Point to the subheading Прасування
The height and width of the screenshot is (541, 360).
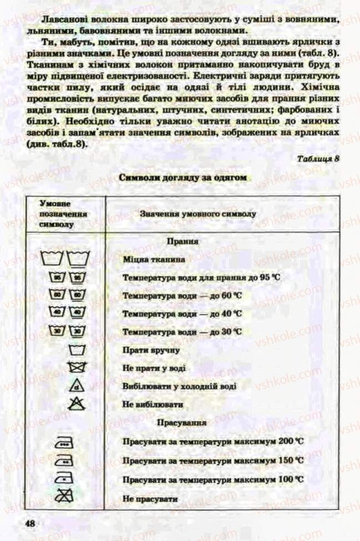click(x=182, y=422)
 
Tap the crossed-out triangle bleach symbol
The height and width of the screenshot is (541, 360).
click(x=77, y=403)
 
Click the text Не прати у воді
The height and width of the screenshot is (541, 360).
click(x=154, y=368)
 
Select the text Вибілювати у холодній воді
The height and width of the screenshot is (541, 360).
click(x=180, y=386)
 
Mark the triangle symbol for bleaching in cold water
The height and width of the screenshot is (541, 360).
click(x=77, y=386)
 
